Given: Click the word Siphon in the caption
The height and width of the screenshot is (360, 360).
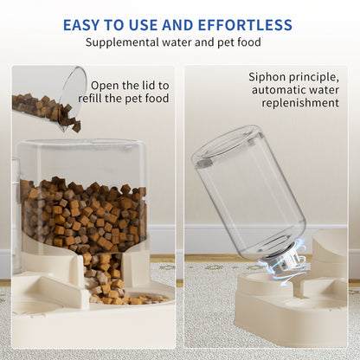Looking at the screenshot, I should [x=267, y=77].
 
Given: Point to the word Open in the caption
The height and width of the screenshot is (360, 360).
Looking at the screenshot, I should [x=106, y=85].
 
